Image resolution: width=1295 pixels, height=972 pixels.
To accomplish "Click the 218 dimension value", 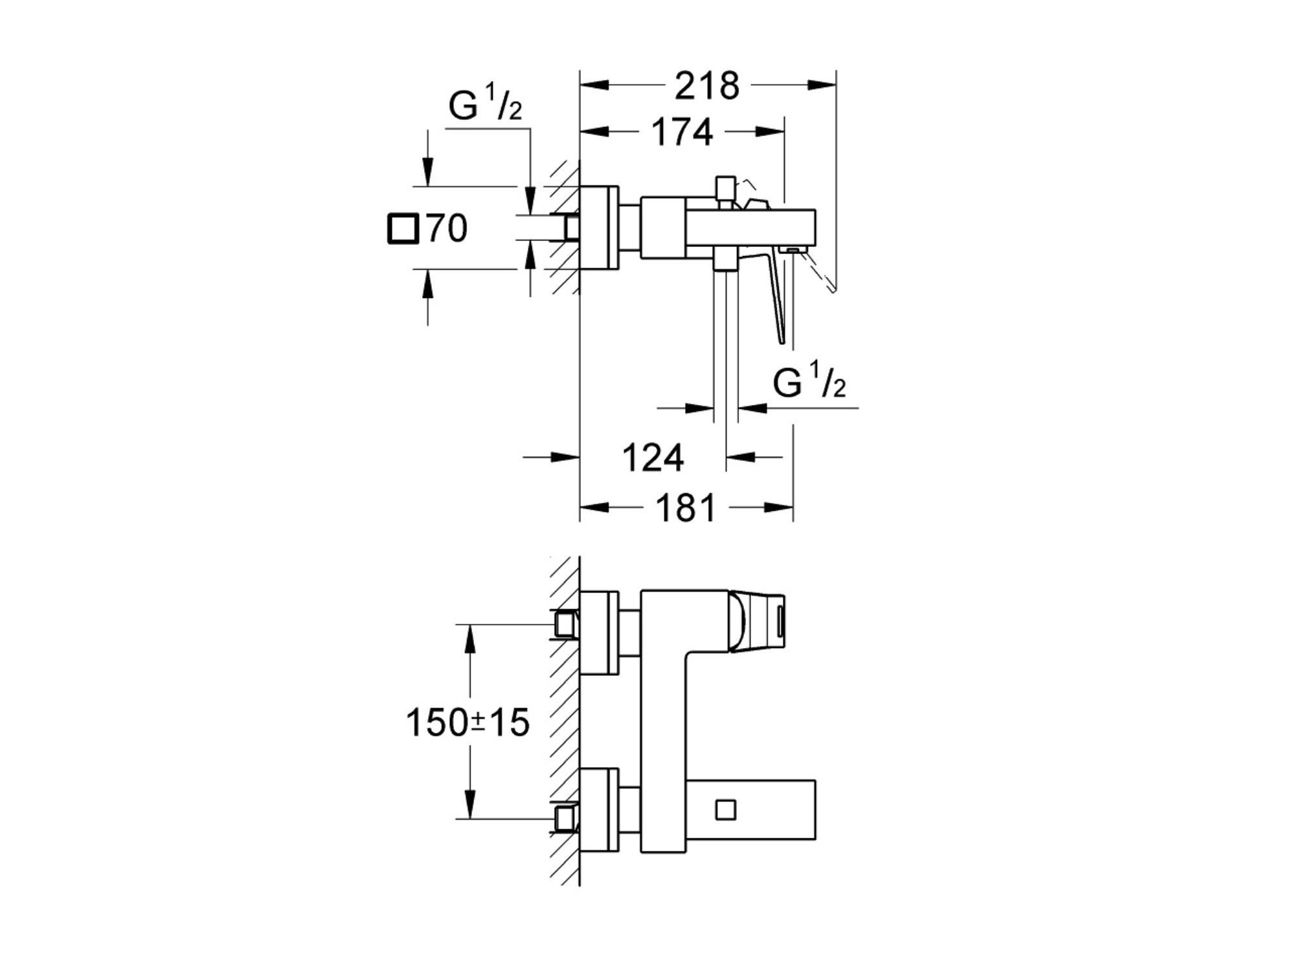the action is [x=706, y=86].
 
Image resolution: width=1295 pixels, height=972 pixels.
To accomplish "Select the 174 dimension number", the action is [x=682, y=132].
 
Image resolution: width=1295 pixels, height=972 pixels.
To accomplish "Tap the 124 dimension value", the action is [x=653, y=458].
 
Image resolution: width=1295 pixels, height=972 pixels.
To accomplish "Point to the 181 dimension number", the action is [x=686, y=507].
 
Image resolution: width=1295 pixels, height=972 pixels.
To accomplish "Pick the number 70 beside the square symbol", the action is [x=447, y=229].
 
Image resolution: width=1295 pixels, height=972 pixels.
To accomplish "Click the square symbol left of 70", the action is [x=403, y=229].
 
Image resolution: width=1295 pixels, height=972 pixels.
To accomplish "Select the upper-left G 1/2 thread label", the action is [x=485, y=104].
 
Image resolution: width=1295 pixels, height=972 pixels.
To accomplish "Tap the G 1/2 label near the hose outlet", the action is [x=809, y=381].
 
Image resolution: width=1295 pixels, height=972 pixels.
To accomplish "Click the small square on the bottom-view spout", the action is [x=726, y=811].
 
